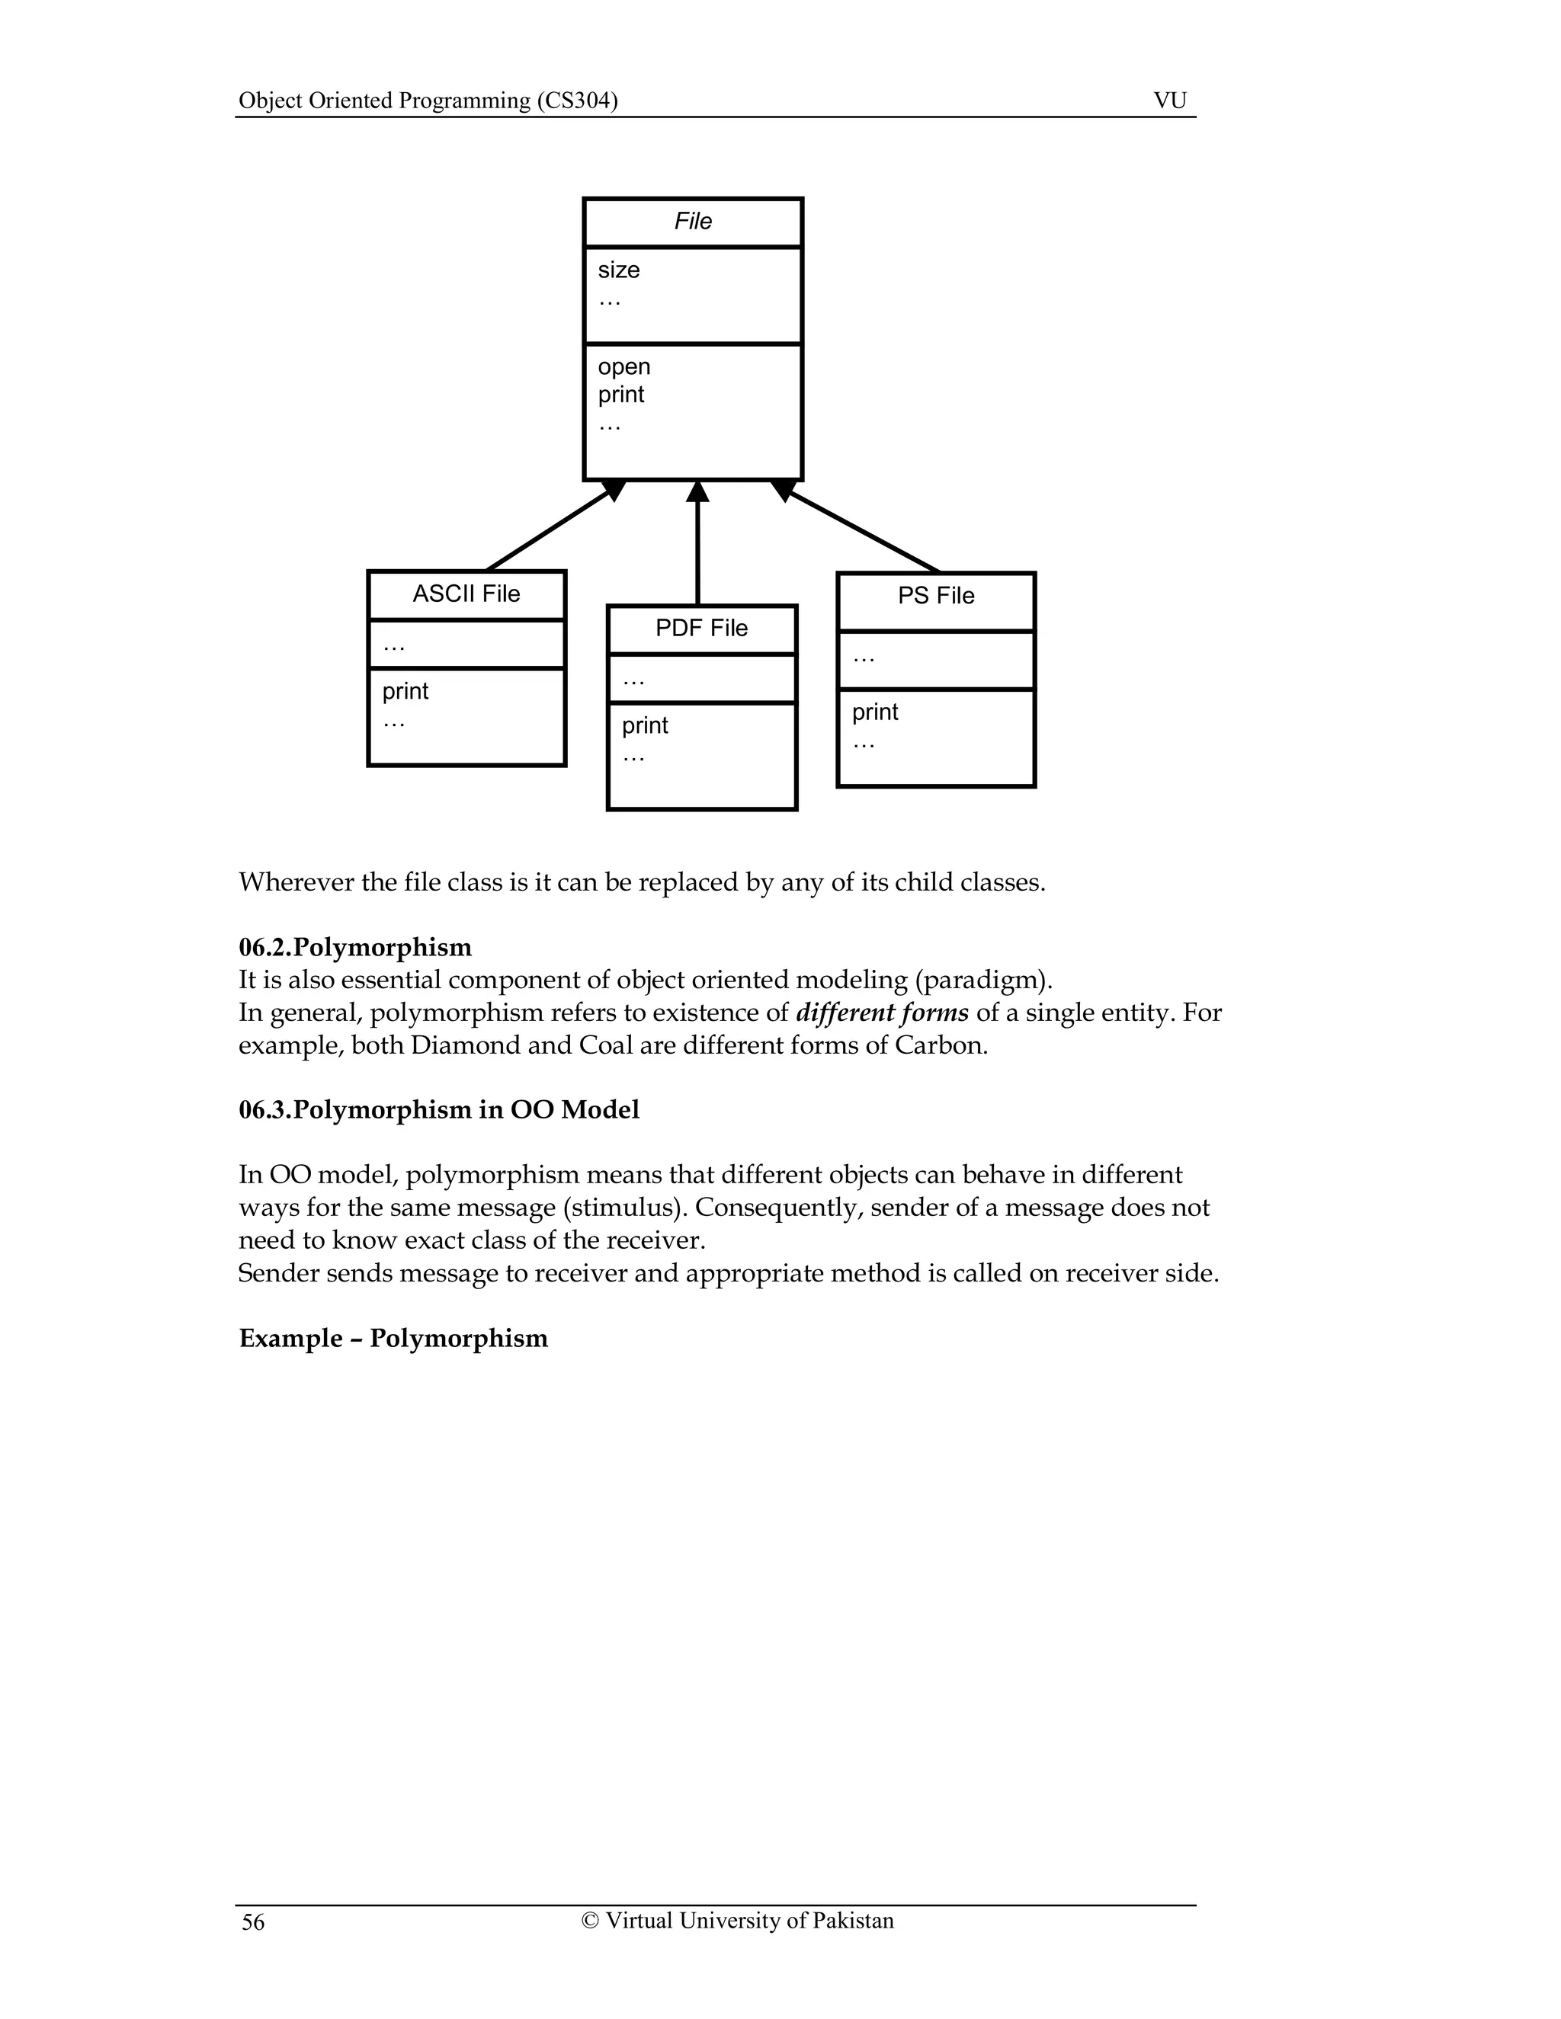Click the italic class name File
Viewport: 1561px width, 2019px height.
(x=693, y=222)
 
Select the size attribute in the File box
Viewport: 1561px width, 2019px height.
(x=619, y=270)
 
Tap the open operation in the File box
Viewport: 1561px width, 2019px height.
(x=624, y=367)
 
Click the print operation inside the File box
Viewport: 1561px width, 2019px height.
(x=620, y=395)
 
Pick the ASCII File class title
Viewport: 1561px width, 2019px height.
(x=466, y=594)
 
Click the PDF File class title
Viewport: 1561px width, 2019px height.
(x=701, y=629)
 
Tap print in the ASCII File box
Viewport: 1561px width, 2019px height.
(x=405, y=692)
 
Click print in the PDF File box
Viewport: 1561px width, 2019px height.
(x=645, y=725)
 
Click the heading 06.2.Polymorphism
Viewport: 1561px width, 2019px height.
(x=355, y=948)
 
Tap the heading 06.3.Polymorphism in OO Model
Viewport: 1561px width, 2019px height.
(x=438, y=1109)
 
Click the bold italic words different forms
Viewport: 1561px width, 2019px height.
(x=881, y=1013)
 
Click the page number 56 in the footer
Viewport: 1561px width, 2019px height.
(x=252, y=1923)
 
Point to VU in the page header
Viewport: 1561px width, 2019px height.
(x=1170, y=101)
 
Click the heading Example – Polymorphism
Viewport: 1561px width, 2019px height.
(x=393, y=1339)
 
